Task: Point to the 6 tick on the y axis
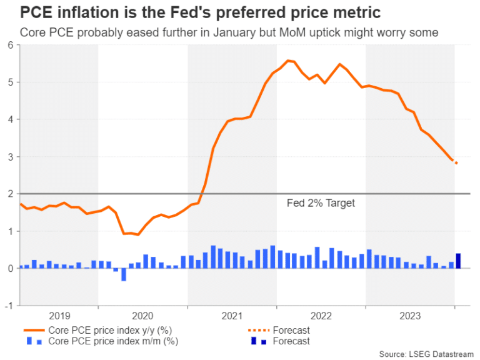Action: pos(11,45)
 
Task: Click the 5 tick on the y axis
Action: pos(11,82)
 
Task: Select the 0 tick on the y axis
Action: pos(11,268)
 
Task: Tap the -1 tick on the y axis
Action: pos(9,306)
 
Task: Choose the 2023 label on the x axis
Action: pos(409,316)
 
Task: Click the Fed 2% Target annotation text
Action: pos(321,203)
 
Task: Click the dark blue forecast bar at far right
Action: pos(458,261)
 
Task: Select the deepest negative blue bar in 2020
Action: pos(123,274)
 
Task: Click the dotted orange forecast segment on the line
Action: pos(456,162)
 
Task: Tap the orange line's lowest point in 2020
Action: pos(138,234)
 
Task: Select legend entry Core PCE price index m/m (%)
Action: pos(104,341)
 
